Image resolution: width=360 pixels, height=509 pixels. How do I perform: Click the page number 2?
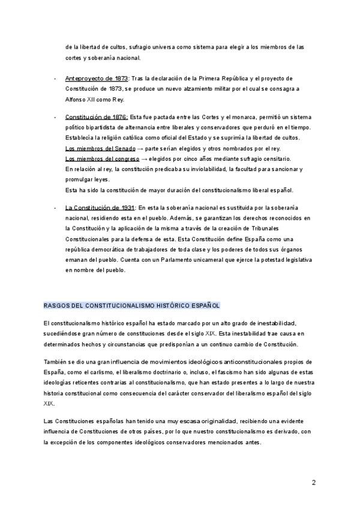(x=314, y=482)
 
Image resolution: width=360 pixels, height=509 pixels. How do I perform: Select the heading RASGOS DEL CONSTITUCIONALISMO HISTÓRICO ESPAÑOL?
(x=132, y=305)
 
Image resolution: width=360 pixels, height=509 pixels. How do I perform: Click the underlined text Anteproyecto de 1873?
(x=96, y=79)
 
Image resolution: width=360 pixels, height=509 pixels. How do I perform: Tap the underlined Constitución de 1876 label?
(x=96, y=116)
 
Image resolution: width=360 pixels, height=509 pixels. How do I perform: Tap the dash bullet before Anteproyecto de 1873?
(x=55, y=79)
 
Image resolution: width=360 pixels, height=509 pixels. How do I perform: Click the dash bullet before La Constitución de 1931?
(x=55, y=206)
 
